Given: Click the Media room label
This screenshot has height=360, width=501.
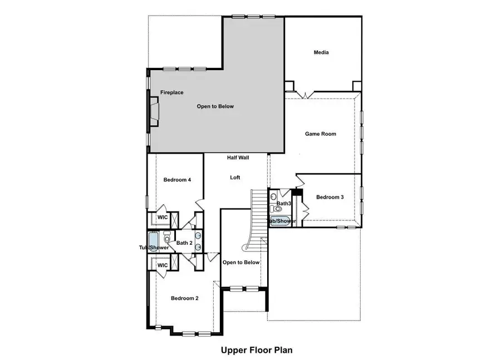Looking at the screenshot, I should pyautogui.click(x=321, y=53).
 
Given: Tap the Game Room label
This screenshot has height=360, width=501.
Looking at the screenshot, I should pyautogui.click(x=321, y=134).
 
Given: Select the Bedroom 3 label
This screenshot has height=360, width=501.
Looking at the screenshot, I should pyautogui.click(x=330, y=198).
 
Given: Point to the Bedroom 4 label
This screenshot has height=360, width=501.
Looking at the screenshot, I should pyautogui.click(x=178, y=180).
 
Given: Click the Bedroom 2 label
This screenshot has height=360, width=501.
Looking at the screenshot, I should pyautogui.click(x=185, y=299).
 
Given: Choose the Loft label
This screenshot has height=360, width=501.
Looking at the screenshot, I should pyautogui.click(x=235, y=178).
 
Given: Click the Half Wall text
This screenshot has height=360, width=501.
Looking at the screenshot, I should pyautogui.click(x=238, y=158).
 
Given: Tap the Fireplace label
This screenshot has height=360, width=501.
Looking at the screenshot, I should pyautogui.click(x=172, y=93).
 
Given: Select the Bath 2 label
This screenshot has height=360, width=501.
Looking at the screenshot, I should pyautogui.click(x=184, y=243).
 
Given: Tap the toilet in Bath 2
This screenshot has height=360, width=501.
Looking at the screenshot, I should pyautogui.click(x=167, y=239).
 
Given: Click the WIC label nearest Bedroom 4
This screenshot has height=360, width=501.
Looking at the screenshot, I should pyautogui.click(x=163, y=218).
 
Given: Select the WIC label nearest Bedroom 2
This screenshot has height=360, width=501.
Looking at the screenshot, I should pyautogui.click(x=163, y=266).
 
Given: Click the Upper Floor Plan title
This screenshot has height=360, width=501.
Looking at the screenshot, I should pyautogui.click(x=257, y=350).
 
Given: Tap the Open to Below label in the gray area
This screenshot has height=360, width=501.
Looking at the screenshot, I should pyautogui.click(x=215, y=106).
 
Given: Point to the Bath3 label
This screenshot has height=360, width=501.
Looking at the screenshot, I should pyautogui.click(x=284, y=204).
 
